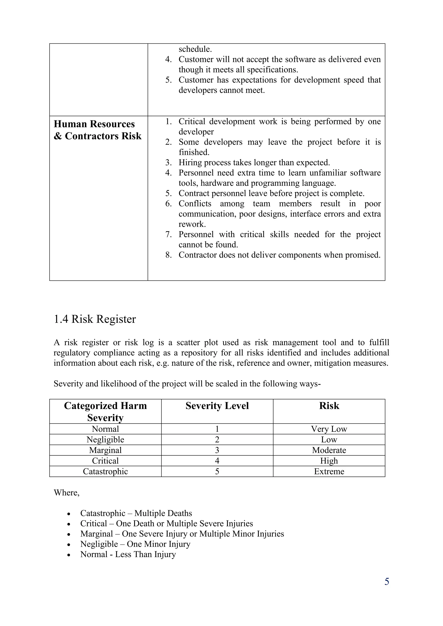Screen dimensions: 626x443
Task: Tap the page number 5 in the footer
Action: click(x=387, y=581)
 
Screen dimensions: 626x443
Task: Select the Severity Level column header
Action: click(x=217, y=406)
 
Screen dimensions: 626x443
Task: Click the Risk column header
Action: click(x=329, y=406)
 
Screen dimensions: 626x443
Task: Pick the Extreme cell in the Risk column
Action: click(x=329, y=471)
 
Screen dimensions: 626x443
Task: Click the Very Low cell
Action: click(x=329, y=429)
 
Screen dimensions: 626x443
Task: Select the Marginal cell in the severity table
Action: click(x=105, y=450)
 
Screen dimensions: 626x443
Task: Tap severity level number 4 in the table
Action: click(x=217, y=461)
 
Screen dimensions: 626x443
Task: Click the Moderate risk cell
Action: click(x=329, y=450)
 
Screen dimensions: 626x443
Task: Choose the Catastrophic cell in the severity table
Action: click(x=105, y=471)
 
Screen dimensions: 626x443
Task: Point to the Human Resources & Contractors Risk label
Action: click(x=97, y=130)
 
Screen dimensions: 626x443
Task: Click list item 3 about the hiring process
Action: click(x=254, y=162)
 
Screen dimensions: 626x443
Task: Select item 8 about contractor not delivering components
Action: click(x=279, y=255)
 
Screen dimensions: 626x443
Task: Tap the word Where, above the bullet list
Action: click(x=67, y=493)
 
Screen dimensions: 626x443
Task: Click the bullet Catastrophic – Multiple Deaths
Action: click(x=136, y=513)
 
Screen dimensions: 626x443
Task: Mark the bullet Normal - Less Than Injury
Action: click(x=128, y=554)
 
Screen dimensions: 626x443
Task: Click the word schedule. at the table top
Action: click(x=195, y=49)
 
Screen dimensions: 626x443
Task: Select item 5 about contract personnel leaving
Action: click(x=271, y=193)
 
